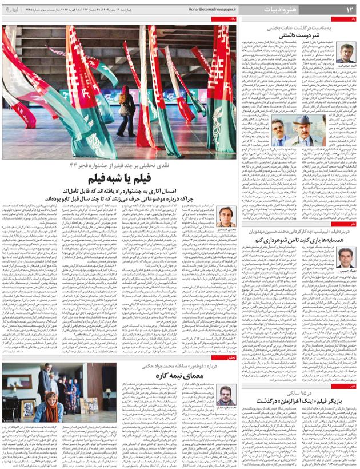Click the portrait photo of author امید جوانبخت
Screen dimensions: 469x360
346,54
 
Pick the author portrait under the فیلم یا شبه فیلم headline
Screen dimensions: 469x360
224,218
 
